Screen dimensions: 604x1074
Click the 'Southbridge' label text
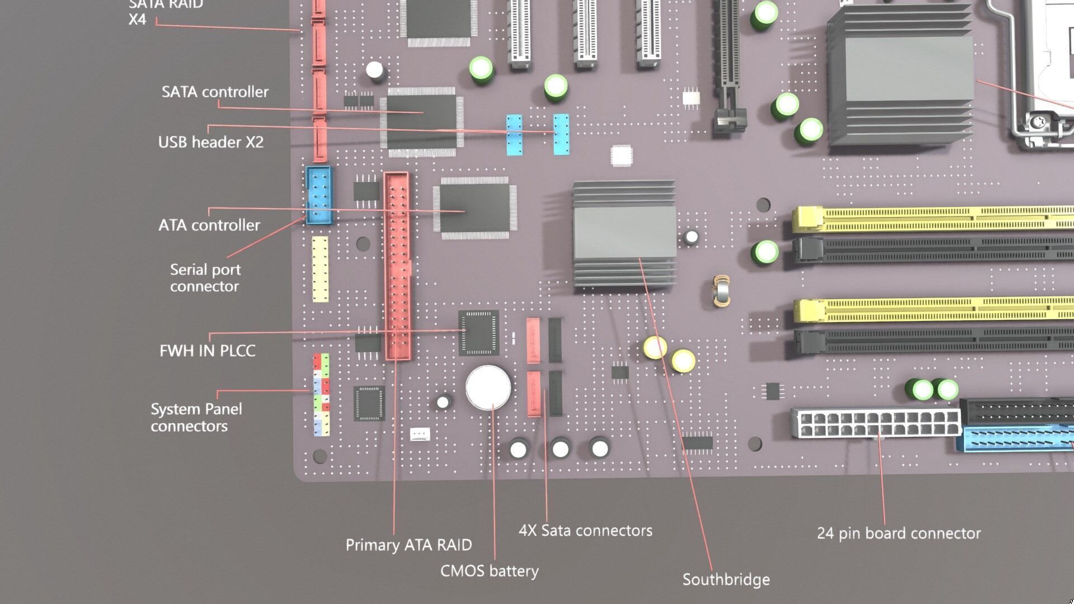tap(726, 579)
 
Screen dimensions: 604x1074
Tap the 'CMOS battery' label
tap(489, 571)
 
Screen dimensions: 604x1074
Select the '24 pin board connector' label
tap(898, 533)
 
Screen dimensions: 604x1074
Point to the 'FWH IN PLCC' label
tap(207, 351)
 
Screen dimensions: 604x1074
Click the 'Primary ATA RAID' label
tap(408, 545)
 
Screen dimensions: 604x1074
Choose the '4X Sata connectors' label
tap(585, 530)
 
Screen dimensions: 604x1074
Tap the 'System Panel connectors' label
tap(196, 417)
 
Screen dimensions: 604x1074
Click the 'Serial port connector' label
tap(205, 278)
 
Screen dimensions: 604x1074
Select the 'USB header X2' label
tap(210, 142)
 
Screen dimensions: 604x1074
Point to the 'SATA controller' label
tap(215, 92)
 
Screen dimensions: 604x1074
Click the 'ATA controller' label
tap(209, 225)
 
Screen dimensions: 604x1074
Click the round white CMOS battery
tap(488, 387)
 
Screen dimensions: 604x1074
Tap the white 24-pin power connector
tap(875, 424)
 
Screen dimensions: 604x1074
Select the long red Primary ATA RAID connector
tap(397, 266)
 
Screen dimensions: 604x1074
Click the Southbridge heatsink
tap(624, 235)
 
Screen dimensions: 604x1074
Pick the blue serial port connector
tap(319, 195)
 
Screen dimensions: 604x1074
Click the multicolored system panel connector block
tap(321, 395)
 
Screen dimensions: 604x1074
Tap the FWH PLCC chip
tap(478, 333)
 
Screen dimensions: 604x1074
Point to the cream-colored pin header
tap(320, 269)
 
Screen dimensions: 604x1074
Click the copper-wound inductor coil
tap(722, 291)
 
